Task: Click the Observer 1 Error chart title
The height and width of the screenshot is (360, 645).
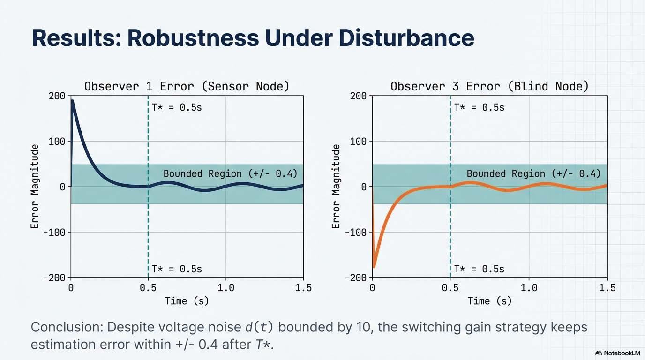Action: [187, 86]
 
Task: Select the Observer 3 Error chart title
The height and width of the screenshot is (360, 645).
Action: [489, 86]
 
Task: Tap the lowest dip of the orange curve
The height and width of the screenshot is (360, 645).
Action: [374, 267]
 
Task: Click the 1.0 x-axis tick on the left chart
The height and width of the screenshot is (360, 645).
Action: [226, 288]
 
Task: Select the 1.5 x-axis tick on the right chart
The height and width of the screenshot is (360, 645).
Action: [607, 288]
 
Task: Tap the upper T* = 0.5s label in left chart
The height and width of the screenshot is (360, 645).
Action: [177, 107]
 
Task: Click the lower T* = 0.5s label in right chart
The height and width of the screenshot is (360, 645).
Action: [479, 269]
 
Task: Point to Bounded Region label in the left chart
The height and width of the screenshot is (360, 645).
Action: [230, 174]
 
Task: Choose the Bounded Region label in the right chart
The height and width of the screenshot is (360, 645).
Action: [533, 174]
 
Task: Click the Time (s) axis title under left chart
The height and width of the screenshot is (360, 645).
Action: [187, 301]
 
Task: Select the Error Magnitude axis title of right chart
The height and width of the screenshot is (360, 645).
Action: [336, 187]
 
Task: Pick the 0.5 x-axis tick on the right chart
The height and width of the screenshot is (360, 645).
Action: [450, 288]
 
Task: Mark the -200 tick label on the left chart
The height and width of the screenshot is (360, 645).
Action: [54, 277]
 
